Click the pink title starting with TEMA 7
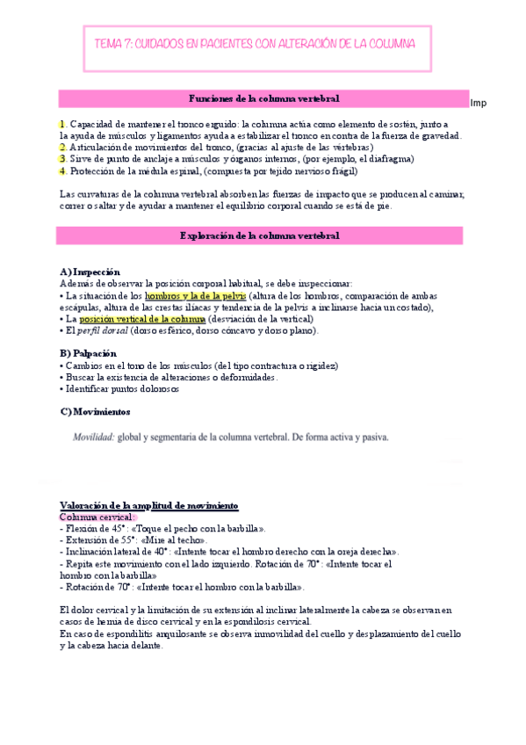click(255, 43)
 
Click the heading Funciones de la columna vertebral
click(264, 98)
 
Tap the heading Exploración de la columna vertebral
click(264, 235)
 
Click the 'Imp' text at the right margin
click(479, 104)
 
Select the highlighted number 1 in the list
click(61, 125)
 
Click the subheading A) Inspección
click(90, 272)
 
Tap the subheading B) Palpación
click(88, 353)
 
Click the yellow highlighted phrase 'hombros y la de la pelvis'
click(196, 296)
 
